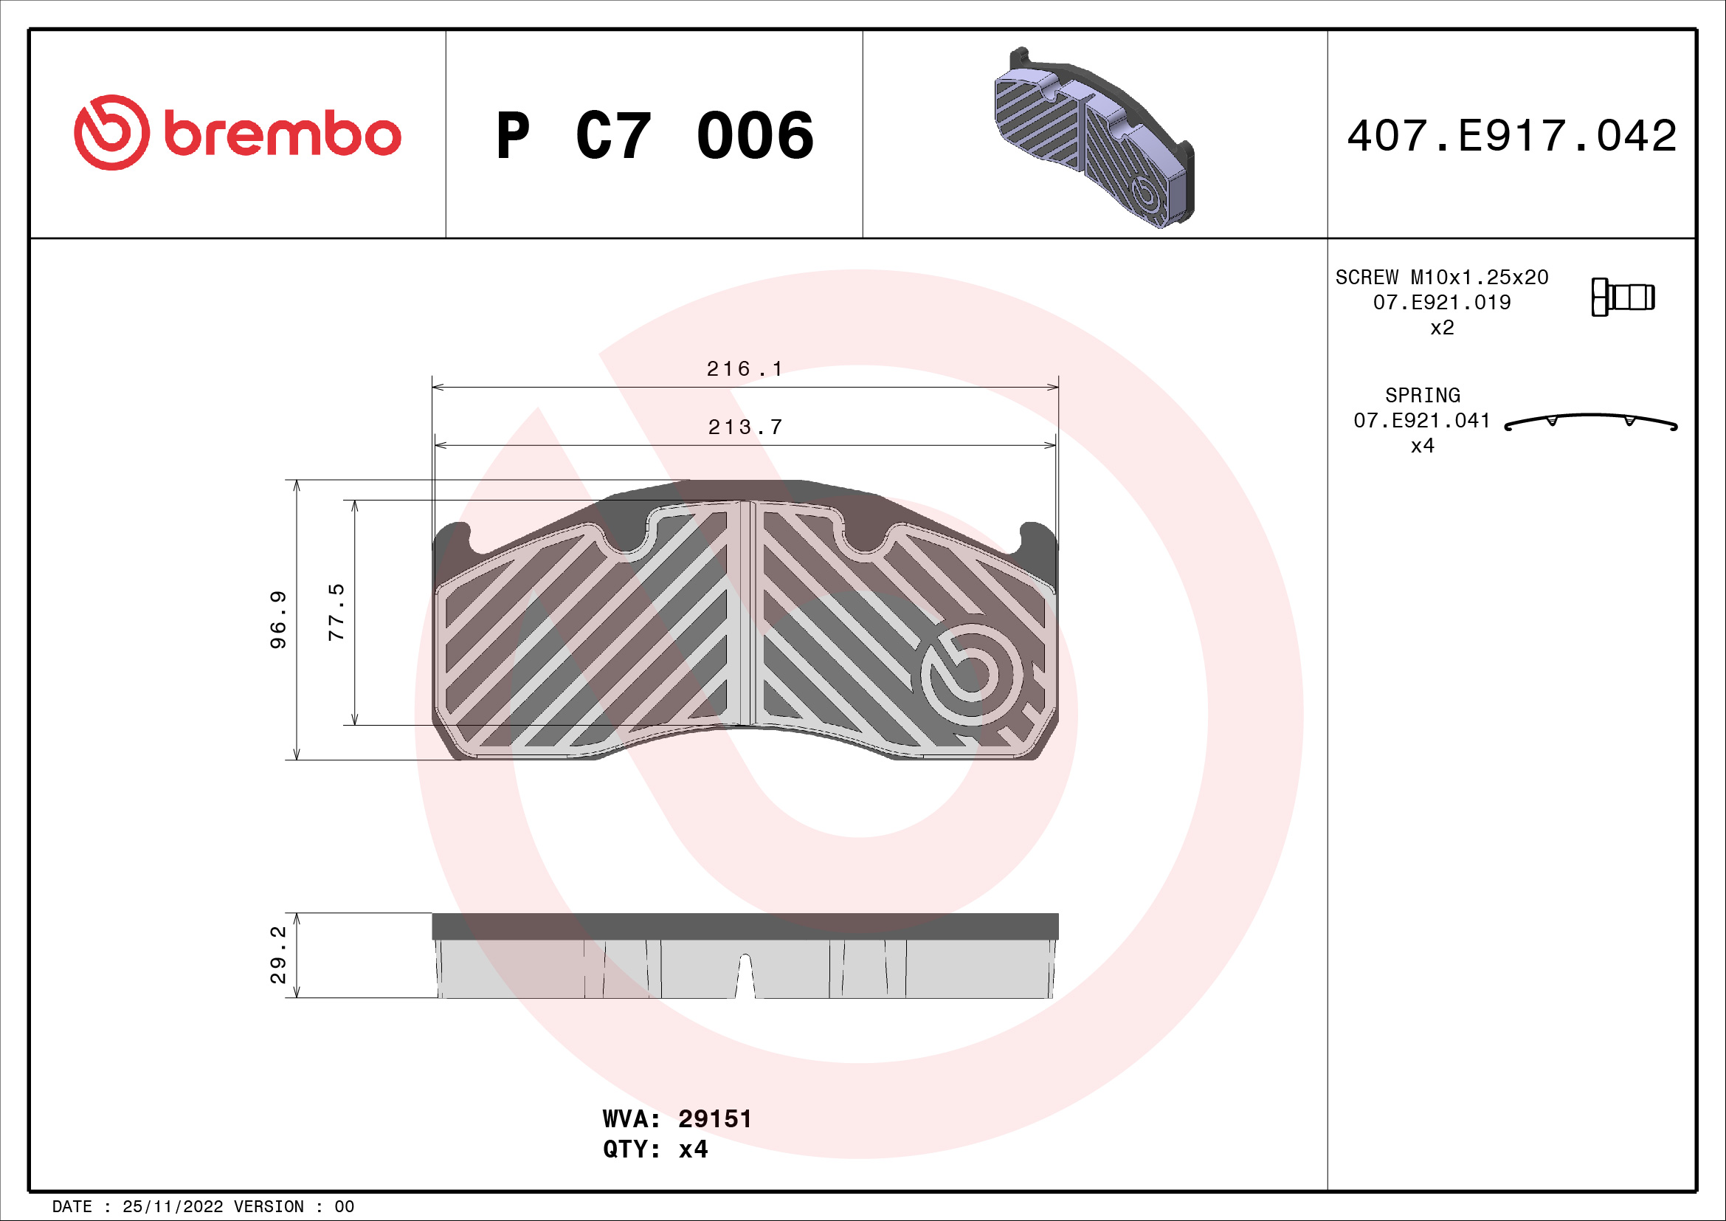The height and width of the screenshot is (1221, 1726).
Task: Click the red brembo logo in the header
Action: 237,133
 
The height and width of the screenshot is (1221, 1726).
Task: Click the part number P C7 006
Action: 654,136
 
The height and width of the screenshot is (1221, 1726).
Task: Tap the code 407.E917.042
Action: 1511,136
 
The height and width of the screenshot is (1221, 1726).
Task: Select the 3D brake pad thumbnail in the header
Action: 1094,140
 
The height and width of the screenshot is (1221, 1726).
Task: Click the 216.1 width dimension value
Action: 745,368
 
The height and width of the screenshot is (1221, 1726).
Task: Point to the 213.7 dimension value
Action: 745,427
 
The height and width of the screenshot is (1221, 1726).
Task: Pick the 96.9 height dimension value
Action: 278,619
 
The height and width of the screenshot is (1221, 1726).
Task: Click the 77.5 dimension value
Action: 336,612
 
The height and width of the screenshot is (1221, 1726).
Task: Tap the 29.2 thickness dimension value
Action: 278,955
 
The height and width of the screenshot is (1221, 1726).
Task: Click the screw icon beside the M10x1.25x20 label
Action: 1622,297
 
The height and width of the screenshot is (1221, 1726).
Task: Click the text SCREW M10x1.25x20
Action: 1441,278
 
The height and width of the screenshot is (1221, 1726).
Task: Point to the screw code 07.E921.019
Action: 1441,302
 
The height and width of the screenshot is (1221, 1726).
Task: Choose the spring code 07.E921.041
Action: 1421,420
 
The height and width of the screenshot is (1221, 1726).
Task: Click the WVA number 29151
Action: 714,1118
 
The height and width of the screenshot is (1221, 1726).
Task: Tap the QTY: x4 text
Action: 655,1149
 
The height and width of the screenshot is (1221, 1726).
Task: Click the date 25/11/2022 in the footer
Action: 172,1207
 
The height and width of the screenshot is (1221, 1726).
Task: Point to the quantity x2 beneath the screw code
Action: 1441,328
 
